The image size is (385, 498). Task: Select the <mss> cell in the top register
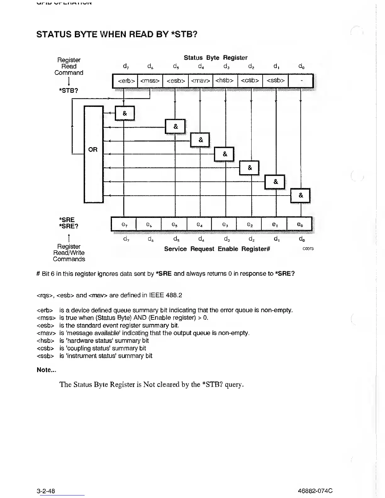pos(150,81)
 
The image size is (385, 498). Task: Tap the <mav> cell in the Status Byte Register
pos(200,81)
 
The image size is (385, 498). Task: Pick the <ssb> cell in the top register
pos(276,81)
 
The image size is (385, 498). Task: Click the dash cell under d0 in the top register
pos(301,81)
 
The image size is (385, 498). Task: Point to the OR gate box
pos(93,154)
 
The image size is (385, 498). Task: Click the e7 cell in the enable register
pos(124,224)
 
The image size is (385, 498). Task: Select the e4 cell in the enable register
pos(199,224)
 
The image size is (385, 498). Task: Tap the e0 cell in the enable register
pos(299,224)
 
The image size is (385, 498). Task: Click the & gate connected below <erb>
pos(125,113)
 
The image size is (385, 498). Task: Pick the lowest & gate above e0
pos(300,196)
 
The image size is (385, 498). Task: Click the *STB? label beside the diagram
pos(68,91)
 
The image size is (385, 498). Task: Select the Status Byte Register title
pos(215,58)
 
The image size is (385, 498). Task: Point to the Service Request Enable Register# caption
pos(217,249)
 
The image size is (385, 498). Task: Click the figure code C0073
pos(308,249)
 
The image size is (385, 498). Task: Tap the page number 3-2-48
pos(46,491)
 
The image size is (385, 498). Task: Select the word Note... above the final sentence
pos(46,370)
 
